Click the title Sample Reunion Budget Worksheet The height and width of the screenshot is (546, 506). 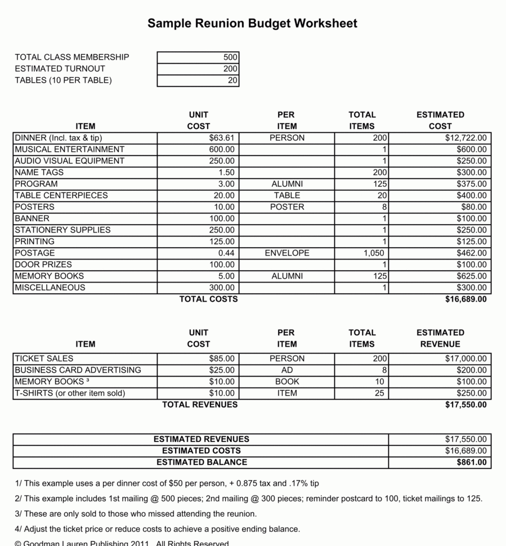click(x=252, y=23)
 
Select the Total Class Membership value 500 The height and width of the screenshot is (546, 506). click(x=230, y=57)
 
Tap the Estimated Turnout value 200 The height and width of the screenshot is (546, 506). click(x=230, y=69)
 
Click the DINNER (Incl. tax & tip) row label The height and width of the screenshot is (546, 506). click(x=59, y=138)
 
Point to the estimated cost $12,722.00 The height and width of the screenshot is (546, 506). click(x=465, y=138)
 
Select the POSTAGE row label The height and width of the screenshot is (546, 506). click(x=35, y=253)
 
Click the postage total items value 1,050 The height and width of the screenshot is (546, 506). click(x=374, y=253)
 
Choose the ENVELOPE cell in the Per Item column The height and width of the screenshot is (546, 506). click(x=286, y=253)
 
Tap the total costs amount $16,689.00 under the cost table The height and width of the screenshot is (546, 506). click(x=465, y=299)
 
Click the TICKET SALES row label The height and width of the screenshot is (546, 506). click(x=44, y=359)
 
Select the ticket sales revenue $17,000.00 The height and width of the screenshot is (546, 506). click(x=465, y=359)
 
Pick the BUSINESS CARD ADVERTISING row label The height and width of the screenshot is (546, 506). click(x=78, y=370)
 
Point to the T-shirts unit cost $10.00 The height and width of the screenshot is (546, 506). click(x=222, y=393)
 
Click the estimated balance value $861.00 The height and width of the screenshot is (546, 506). click(x=472, y=462)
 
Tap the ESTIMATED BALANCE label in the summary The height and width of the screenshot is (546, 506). click(x=201, y=462)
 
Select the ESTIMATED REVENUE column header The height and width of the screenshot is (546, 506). click(x=440, y=338)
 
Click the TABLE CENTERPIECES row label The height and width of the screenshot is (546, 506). click(x=61, y=195)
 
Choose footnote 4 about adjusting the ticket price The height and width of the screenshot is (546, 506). click(x=158, y=529)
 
